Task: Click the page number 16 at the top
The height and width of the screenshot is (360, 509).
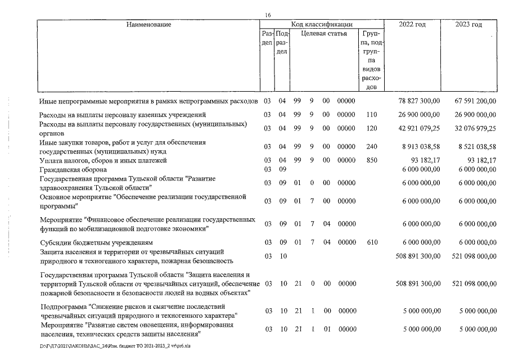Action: tap(268, 15)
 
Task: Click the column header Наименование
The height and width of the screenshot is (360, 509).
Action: tap(148, 24)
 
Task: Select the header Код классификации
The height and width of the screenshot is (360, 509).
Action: tap(322, 24)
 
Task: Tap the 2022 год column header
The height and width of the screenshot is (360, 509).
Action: tap(412, 24)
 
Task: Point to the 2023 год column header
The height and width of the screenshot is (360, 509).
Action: tap(469, 24)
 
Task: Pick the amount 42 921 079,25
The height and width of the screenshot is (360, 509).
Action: tap(418, 128)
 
